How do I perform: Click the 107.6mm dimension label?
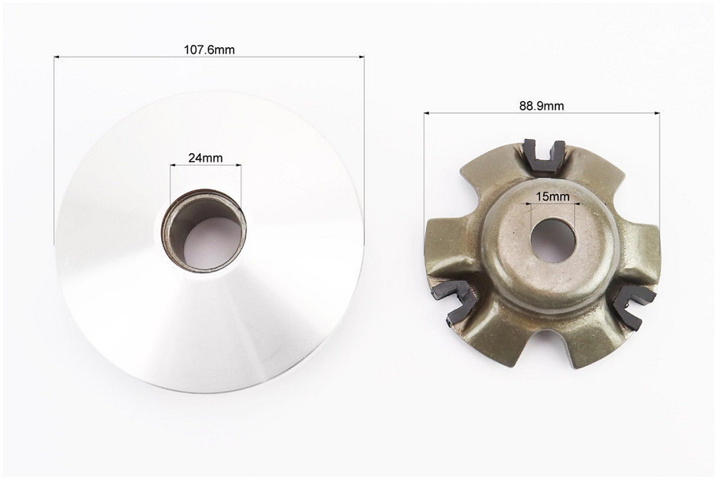point(208,49)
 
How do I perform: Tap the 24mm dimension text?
point(205,158)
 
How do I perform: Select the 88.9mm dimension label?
point(541,106)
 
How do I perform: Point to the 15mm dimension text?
point(553,196)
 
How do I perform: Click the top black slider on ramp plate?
point(545,155)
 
